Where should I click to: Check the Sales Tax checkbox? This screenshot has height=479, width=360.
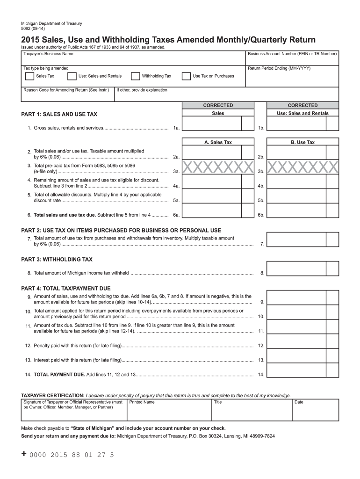[x=29, y=76]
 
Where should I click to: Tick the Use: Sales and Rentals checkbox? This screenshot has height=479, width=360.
[x=72, y=76]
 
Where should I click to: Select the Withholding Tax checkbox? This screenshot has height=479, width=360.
[x=135, y=76]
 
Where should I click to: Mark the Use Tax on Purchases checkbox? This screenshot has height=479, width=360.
[x=186, y=76]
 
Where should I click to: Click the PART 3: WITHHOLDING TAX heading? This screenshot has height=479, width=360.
[x=57, y=259]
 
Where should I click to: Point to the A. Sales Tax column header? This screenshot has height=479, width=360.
[x=218, y=142]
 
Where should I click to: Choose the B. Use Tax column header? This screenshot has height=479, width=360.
[x=302, y=142]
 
